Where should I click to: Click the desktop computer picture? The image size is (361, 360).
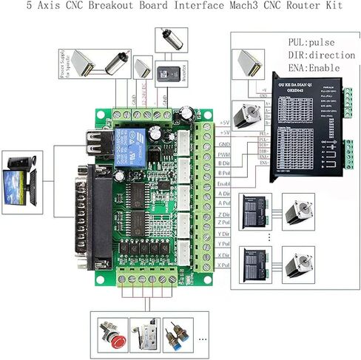coord(21,178)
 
